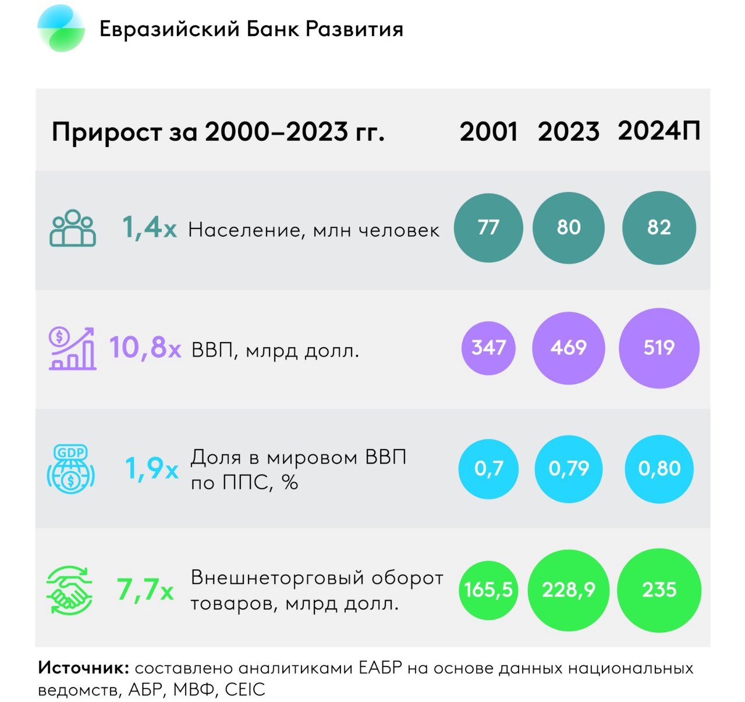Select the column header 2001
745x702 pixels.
click(x=488, y=132)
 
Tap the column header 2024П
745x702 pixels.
click(x=659, y=131)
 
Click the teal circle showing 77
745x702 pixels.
click(x=488, y=227)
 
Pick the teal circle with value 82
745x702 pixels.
click(x=659, y=227)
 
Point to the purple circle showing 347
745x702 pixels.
click(x=488, y=348)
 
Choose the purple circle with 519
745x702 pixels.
click(x=659, y=348)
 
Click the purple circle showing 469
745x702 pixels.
click(x=568, y=348)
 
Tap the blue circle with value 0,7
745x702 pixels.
click(x=488, y=468)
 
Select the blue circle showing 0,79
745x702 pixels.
click(x=569, y=468)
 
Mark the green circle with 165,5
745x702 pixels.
click(x=488, y=590)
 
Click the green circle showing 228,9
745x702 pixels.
click(x=569, y=590)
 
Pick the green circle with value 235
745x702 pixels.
click(x=659, y=590)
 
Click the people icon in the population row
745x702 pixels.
click(x=73, y=228)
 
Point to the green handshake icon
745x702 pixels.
click(x=70, y=590)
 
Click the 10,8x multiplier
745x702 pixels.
click(x=145, y=348)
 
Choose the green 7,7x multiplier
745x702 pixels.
click(x=145, y=590)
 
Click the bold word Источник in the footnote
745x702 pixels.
click(x=84, y=668)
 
